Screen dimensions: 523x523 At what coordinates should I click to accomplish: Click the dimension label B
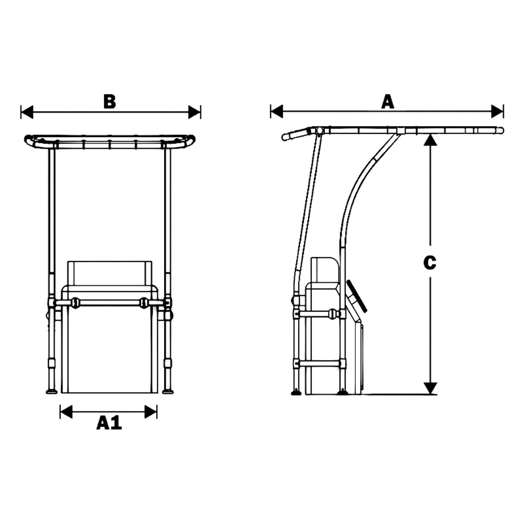point(110,102)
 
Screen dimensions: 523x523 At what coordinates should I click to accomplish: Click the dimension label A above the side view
point(387,102)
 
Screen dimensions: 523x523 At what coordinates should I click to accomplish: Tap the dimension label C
point(430,263)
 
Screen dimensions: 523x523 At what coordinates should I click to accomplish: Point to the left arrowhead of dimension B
point(27,112)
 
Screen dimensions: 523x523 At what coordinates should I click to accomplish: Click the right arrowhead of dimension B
point(194,112)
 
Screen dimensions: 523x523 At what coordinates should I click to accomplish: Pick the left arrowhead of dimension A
point(277,112)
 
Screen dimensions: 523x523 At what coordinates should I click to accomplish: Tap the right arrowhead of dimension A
point(497,112)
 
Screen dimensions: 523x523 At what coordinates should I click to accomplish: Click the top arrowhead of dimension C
point(430,139)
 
